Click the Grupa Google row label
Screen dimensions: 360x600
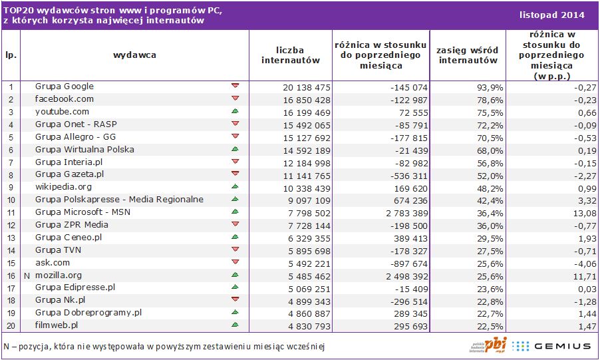pos(65,87)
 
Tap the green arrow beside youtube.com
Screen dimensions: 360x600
pos(234,112)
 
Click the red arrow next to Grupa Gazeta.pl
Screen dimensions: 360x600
pos(234,174)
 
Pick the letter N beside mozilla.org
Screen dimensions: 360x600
pos(27,275)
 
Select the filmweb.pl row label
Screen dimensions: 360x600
pos(57,325)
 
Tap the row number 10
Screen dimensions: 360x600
pos(11,200)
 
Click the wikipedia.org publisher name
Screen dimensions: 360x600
pos(63,187)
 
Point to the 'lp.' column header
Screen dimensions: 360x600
pos(11,55)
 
